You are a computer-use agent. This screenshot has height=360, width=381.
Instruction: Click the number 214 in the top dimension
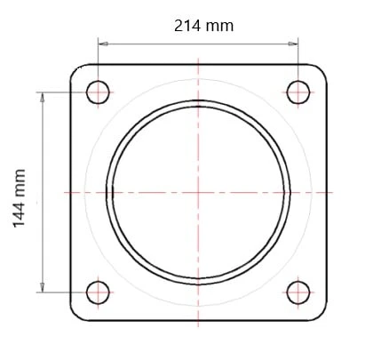point(187,26)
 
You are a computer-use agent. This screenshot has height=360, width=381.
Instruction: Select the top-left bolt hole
point(98,92)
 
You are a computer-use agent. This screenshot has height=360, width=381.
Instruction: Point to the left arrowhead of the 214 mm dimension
point(101,42)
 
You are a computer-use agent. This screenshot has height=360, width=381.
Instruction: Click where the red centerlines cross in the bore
point(198,192)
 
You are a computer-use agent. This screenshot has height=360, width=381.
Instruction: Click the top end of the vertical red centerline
point(198,57)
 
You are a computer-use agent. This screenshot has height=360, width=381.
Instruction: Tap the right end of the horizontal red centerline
point(332,192)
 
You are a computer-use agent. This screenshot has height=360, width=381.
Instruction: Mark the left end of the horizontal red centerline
point(65,192)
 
